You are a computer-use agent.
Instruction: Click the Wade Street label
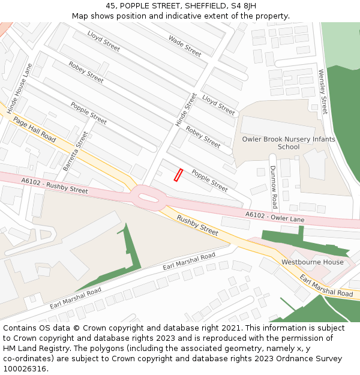pos(185,46)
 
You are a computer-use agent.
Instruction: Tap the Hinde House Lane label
pos(19,85)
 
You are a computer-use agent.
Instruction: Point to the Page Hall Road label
pos(34,130)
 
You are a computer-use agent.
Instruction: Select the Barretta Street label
pos(75,151)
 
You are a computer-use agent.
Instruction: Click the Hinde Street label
pos(186,109)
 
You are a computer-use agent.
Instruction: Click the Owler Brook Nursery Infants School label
pos(289,143)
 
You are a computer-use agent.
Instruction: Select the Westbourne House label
pos(313,262)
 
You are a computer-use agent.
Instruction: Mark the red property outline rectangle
pos(178,175)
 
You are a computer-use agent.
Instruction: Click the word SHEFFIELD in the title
pos(200,5)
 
